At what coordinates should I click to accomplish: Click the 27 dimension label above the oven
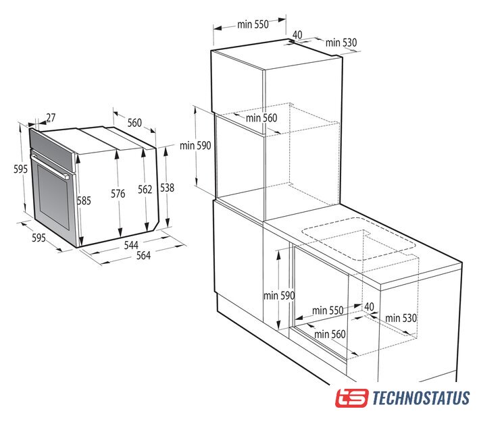point(51,117)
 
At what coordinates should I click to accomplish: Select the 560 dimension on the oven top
point(134,123)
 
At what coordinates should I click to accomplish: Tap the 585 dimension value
point(84,200)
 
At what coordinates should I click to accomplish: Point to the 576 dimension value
point(118,194)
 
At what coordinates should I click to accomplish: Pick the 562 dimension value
point(145,190)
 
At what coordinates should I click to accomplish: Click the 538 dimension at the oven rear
point(168,188)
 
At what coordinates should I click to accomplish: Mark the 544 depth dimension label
point(131,245)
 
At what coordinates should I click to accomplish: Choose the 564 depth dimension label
point(143,255)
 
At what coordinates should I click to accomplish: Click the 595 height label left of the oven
point(21,169)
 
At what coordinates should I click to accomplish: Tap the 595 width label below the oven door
point(39,238)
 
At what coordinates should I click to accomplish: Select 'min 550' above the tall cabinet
point(253,24)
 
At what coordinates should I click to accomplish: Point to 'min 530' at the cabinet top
point(341,43)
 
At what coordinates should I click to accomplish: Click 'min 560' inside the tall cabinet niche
point(261,118)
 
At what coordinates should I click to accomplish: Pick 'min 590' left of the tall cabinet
point(195,146)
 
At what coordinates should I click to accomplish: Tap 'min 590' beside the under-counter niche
point(279,296)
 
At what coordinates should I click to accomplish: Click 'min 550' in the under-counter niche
point(328,310)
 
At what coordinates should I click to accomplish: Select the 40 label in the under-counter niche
point(370,306)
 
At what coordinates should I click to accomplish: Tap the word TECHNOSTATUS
point(421,398)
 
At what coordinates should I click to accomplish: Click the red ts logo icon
point(352,398)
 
